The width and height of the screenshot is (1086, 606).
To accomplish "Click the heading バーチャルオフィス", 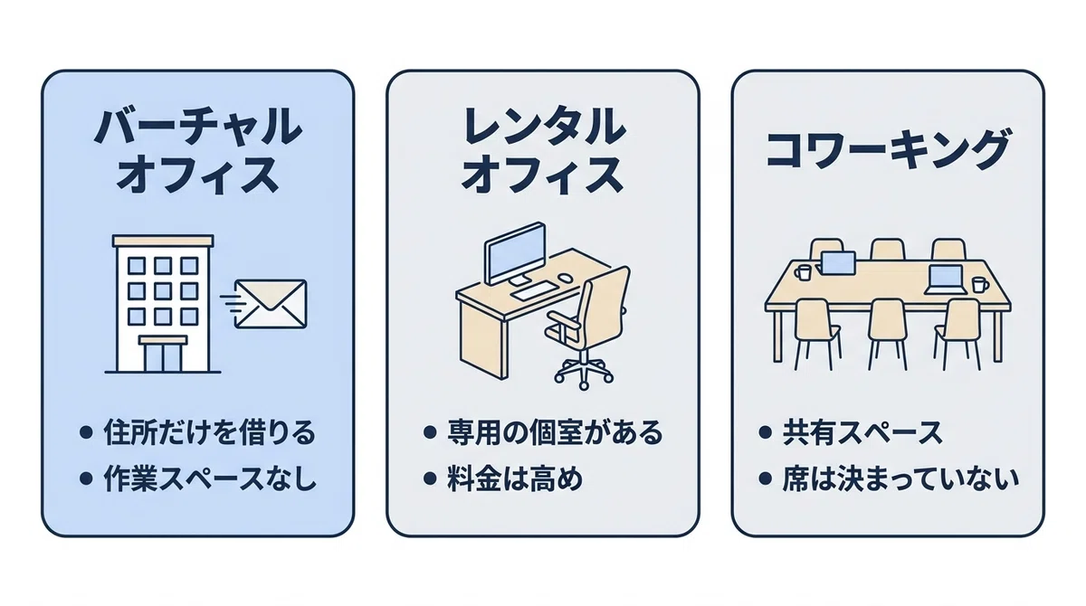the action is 198,151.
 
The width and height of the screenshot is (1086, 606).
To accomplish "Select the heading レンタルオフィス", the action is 542,151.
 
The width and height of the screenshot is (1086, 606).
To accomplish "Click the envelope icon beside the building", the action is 271,304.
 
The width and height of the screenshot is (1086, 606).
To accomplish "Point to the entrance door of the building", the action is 163,356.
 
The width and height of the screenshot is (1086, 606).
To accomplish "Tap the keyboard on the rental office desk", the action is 535,291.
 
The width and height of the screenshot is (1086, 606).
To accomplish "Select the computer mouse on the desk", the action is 565,278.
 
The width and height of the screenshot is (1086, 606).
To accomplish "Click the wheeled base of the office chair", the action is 584,372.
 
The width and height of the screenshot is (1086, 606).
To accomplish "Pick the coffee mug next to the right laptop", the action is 979,284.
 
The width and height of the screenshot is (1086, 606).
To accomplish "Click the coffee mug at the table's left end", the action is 803,271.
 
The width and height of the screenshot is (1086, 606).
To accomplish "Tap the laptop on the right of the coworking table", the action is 946,280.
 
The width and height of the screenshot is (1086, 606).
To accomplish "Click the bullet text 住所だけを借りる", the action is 209,432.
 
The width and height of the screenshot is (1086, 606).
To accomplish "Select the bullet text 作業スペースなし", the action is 209,479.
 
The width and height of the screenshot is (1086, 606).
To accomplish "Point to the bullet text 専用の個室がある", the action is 555,432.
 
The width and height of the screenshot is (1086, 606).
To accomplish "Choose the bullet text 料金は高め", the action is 514,479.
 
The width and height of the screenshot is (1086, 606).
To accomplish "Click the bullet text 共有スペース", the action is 862,432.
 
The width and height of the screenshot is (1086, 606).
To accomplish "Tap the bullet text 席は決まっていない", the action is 900,479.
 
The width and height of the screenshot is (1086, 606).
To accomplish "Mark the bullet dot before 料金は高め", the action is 430,479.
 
